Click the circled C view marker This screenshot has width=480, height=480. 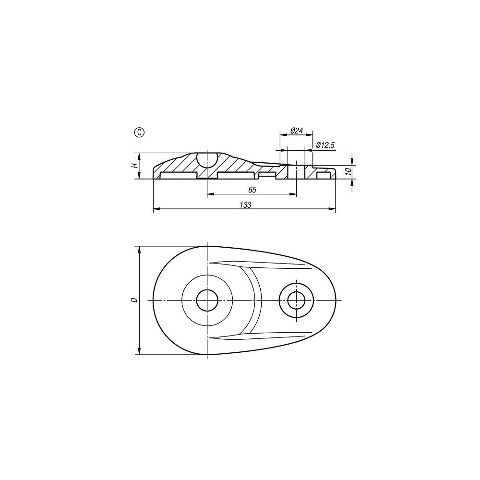click(140, 132)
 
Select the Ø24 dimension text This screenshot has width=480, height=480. click(296, 131)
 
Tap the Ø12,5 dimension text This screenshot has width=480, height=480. click(325, 145)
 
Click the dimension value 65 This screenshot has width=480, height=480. click(252, 190)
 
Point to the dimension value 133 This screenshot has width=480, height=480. click(245, 205)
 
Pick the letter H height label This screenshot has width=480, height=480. click(134, 166)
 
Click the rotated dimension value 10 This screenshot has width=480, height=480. click(348, 171)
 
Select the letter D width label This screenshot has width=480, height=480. click(134, 300)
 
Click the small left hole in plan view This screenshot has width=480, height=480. click(207, 300)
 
